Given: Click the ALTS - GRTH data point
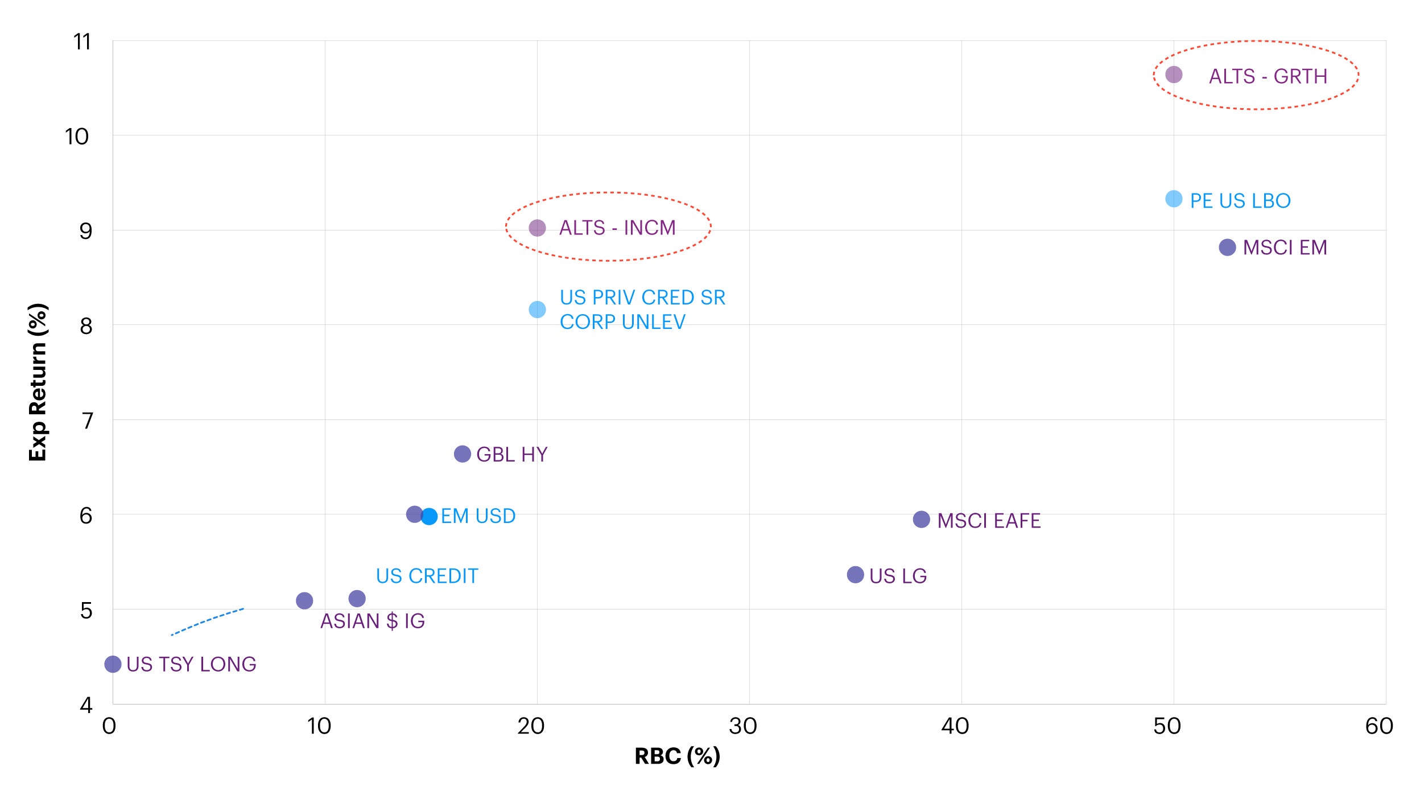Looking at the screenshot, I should [x=1174, y=75].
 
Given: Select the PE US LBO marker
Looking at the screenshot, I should [x=1174, y=199].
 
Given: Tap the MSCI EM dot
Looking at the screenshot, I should [x=1227, y=248].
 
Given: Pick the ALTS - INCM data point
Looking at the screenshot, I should [x=537, y=228].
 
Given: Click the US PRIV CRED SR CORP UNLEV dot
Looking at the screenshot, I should [x=537, y=310].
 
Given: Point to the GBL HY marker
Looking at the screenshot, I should [x=463, y=454].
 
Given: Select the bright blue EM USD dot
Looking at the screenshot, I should [x=429, y=517].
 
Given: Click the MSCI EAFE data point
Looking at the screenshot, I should [x=921, y=520].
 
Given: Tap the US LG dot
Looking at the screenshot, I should [x=855, y=575].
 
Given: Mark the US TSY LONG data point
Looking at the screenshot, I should [x=113, y=664].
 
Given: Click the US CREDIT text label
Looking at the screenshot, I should [x=427, y=576].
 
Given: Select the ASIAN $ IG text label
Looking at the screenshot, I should [x=373, y=621].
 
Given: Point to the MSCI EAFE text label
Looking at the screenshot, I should [x=989, y=521].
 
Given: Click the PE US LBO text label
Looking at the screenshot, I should [x=1240, y=201].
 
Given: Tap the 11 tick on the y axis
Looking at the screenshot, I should [x=82, y=42].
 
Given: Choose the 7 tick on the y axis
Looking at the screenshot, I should [x=87, y=421].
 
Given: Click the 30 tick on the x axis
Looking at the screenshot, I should [x=743, y=727].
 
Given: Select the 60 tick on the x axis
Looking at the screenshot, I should [x=1379, y=727].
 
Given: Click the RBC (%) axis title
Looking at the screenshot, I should [x=677, y=756].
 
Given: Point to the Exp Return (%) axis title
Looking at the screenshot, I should [x=38, y=382].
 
